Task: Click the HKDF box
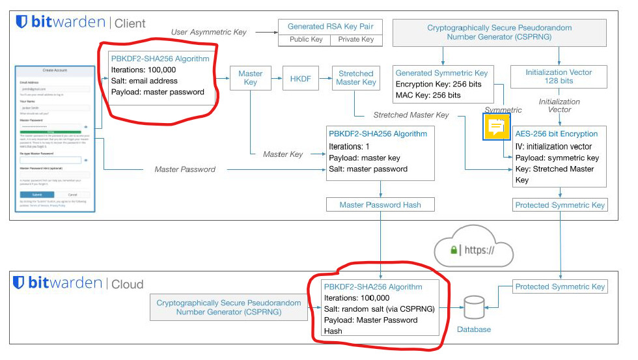(x=301, y=78)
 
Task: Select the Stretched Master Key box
(x=356, y=78)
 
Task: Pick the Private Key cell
(x=356, y=40)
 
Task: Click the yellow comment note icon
(x=497, y=126)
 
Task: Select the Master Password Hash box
(x=380, y=205)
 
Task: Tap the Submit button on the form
(x=36, y=195)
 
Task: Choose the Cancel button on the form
(x=72, y=195)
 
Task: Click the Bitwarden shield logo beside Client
(x=22, y=23)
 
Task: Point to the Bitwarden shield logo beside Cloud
(x=19, y=283)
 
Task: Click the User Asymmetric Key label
(x=208, y=32)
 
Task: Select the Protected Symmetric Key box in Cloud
(x=560, y=286)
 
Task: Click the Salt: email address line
(x=144, y=81)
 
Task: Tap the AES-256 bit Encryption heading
(x=556, y=134)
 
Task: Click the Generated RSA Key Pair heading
(x=330, y=27)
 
